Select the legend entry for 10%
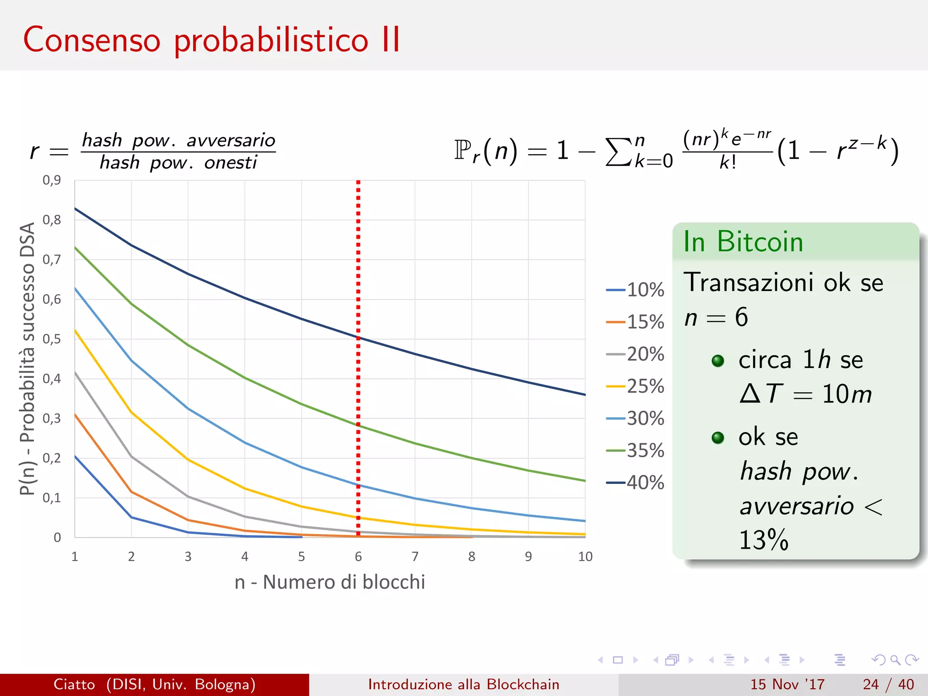(636, 290)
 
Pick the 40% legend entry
(636, 483)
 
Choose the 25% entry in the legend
(636, 387)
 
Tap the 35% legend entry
(636, 450)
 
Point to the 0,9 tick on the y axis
(52, 180)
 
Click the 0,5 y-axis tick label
(52, 339)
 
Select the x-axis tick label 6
(358, 556)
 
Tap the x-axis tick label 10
(585, 556)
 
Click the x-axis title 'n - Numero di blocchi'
(330, 582)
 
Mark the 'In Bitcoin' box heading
(743, 242)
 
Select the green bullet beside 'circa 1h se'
(718, 361)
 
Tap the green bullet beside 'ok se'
(718, 438)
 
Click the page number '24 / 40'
(888, 684)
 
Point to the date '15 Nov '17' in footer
(787, 684)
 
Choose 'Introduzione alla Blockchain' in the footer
(464, 684)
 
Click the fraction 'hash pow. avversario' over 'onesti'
(178, 151)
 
